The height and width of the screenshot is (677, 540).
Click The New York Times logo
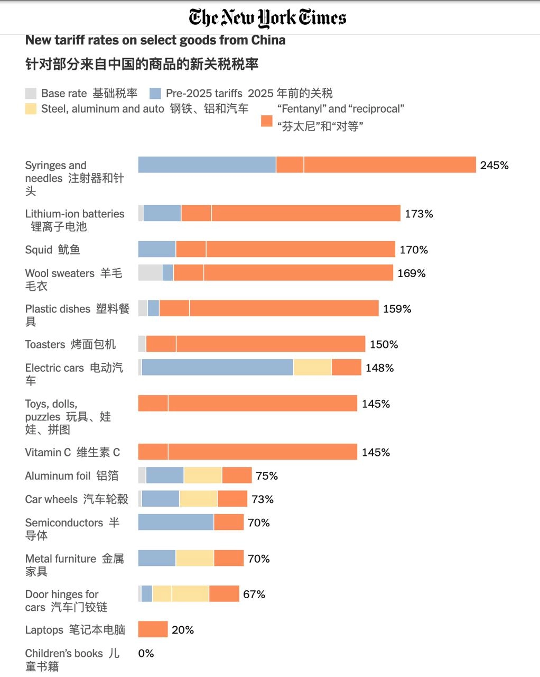pos(267,18)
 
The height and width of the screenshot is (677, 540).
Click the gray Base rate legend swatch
pos(31,94)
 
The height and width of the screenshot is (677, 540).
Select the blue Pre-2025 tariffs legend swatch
pos(155,94)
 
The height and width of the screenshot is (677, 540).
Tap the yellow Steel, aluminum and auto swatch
pos(31,109)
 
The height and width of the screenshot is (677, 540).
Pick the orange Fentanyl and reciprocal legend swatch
pos(267,121)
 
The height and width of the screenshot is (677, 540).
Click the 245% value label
pos(494,166)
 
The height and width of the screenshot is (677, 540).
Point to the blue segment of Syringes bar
pos(207,165)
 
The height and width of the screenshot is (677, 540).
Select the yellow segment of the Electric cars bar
pos(312,368)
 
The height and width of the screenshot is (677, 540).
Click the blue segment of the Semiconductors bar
pos(175,523)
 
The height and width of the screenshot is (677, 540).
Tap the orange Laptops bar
pos(153,629)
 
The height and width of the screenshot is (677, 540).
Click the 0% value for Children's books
pos(146,654)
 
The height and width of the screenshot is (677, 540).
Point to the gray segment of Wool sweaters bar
pos(150,273)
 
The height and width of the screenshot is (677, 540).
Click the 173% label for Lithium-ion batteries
pos(418,214)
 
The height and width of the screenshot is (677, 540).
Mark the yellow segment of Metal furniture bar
pos(194,558)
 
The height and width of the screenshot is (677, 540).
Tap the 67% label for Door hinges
pos(254,594)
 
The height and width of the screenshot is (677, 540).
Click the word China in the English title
pos(268,40)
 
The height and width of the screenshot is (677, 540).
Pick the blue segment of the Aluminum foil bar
pos(164,475)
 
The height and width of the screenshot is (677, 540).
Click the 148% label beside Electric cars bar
pos(379,368)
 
